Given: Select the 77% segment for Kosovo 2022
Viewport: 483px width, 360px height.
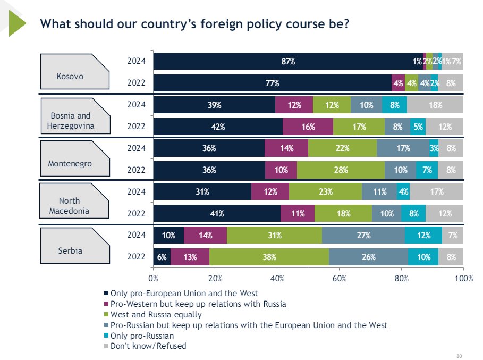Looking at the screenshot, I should point(272,83).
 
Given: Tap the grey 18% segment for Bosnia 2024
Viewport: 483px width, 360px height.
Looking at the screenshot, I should point(435,105).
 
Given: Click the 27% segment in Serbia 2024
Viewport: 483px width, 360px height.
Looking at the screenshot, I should point(363,235).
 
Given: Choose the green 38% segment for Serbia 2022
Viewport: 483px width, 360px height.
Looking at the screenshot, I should point(269,257).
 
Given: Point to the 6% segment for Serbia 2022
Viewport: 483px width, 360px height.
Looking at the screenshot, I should point(162,257).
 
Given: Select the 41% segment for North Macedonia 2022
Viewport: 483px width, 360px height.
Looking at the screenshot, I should point(217,213).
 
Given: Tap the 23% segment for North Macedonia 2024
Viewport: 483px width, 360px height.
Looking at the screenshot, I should point(325,191).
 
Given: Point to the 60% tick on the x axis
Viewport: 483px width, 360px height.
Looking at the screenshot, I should point(340,278).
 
